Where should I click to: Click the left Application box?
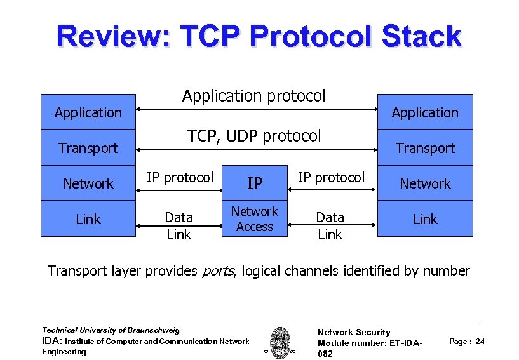[88, 112]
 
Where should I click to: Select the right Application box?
[425, 112]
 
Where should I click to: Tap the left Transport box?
[88, 148]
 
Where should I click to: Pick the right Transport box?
[425, 148]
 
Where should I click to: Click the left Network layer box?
[88, 183]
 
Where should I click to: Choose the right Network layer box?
[425, 183]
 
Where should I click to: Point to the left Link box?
[88, 219]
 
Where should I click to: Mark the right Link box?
[425, 219]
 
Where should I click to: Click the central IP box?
[255, 183]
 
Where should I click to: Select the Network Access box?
[255, 219]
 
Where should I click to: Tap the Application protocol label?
[253, 96]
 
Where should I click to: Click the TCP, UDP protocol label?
[254, 136]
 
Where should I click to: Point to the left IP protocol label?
[180, 177]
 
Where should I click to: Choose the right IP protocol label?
[331, 177]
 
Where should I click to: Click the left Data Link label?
[179, 225]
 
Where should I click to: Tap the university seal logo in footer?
[280, 341]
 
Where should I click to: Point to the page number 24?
[480, 342]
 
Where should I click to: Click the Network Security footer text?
[353, 332]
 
